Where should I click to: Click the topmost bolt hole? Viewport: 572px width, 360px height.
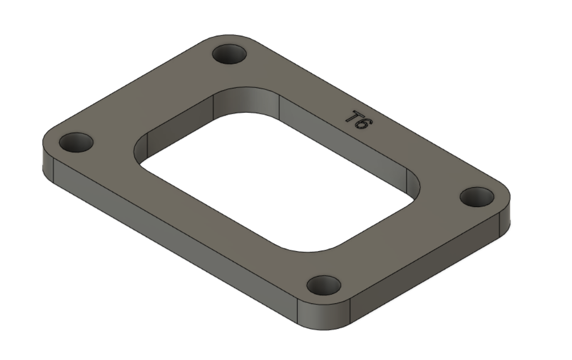(x=230, y=54)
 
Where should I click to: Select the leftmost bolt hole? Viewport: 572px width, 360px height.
(x=76, y=143)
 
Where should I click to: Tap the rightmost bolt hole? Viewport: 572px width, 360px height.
(x=477, y=197)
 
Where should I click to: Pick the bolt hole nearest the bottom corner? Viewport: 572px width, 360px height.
(x=324, y=286)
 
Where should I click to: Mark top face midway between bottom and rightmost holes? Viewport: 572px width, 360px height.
(x=403, y=243)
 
